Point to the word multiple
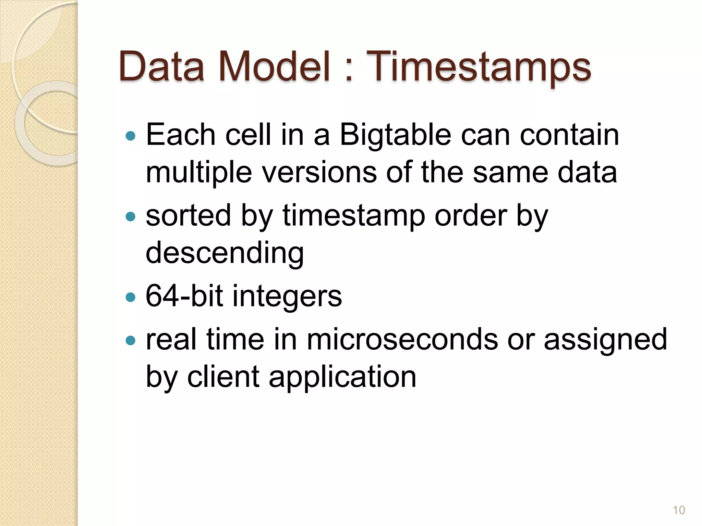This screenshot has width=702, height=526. [199, 173]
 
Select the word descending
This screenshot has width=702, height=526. [225, 253]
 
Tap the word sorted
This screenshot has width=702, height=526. [188, 216]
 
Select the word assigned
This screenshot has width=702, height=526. [605, 340]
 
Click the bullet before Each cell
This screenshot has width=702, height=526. [131, 136]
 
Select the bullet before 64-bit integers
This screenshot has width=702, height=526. [131, 297]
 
